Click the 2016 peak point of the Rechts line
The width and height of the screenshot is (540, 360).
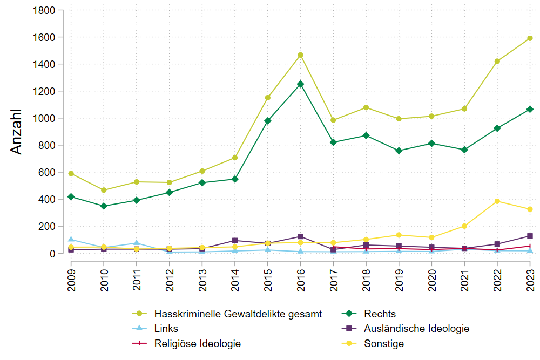click(300, 84)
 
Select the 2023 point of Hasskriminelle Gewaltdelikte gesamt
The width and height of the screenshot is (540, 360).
click(530, 38)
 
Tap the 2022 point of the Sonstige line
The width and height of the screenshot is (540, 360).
click(497, 201)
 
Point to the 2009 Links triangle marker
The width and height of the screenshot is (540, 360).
click(71, 239)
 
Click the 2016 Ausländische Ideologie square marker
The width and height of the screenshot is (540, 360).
click(300, 236)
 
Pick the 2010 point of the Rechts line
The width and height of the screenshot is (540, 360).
click(104, 206)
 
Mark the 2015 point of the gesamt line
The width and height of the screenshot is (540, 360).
click(267, 98)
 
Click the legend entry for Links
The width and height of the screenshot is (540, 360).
click(166, 328)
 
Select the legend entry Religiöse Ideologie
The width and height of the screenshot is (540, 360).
click(197, 343)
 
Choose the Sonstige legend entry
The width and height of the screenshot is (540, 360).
click(384, 343)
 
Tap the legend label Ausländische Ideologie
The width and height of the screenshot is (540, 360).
click(416, 328)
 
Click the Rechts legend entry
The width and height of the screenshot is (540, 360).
click(380, 314)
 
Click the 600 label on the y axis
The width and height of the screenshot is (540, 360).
click(44, 172)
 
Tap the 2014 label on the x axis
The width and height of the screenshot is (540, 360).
click(235, 275)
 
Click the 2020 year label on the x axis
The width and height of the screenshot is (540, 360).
click(432, 275)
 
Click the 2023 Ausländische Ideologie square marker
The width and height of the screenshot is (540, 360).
click(530, 236)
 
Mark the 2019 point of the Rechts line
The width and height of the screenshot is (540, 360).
click(399, 151)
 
